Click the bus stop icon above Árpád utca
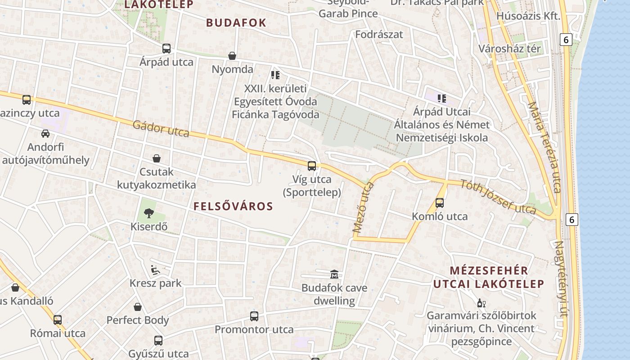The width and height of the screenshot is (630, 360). pyautogui.click(x=166, y=49)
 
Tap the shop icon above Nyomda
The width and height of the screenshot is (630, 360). pyautogui.click(x=232, y=56)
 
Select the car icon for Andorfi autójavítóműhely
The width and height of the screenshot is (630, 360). pyautogui.click(x=45, y=134)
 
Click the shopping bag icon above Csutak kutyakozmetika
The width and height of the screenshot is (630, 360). pyautogui.click(x=157, y=158)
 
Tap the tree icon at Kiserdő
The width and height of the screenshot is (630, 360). pyautogui.click(x=148, y=213)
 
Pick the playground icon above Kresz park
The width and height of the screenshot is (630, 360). pyautogui.click(x=155, y=270)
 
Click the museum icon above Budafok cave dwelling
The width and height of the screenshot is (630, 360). pyautogui.click(x=334, y=274)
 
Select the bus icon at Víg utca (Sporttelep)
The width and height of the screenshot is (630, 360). pyautogui.click(x=312, y=166)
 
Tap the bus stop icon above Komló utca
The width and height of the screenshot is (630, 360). pyautogui.click(x=440, y=203)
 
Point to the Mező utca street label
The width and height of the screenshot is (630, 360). pyautogui.click(x=364, y=207)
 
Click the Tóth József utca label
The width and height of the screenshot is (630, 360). pyautogui.click(x=498, y=197)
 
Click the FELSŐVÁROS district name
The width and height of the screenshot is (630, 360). pyautogui.click(x=233, y=207)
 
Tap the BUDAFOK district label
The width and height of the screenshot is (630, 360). pyautogui.click(x=236, y=23)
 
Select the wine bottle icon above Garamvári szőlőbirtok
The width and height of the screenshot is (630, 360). pyautogui.click(x=481, y=303)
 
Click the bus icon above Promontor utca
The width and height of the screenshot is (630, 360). pyautogui.click(x=254, y=316)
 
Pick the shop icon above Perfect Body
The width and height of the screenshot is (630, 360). pyautogui.click(x=138, y=307)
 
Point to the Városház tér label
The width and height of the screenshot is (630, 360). pyautogui.click(x=509, y=49)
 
